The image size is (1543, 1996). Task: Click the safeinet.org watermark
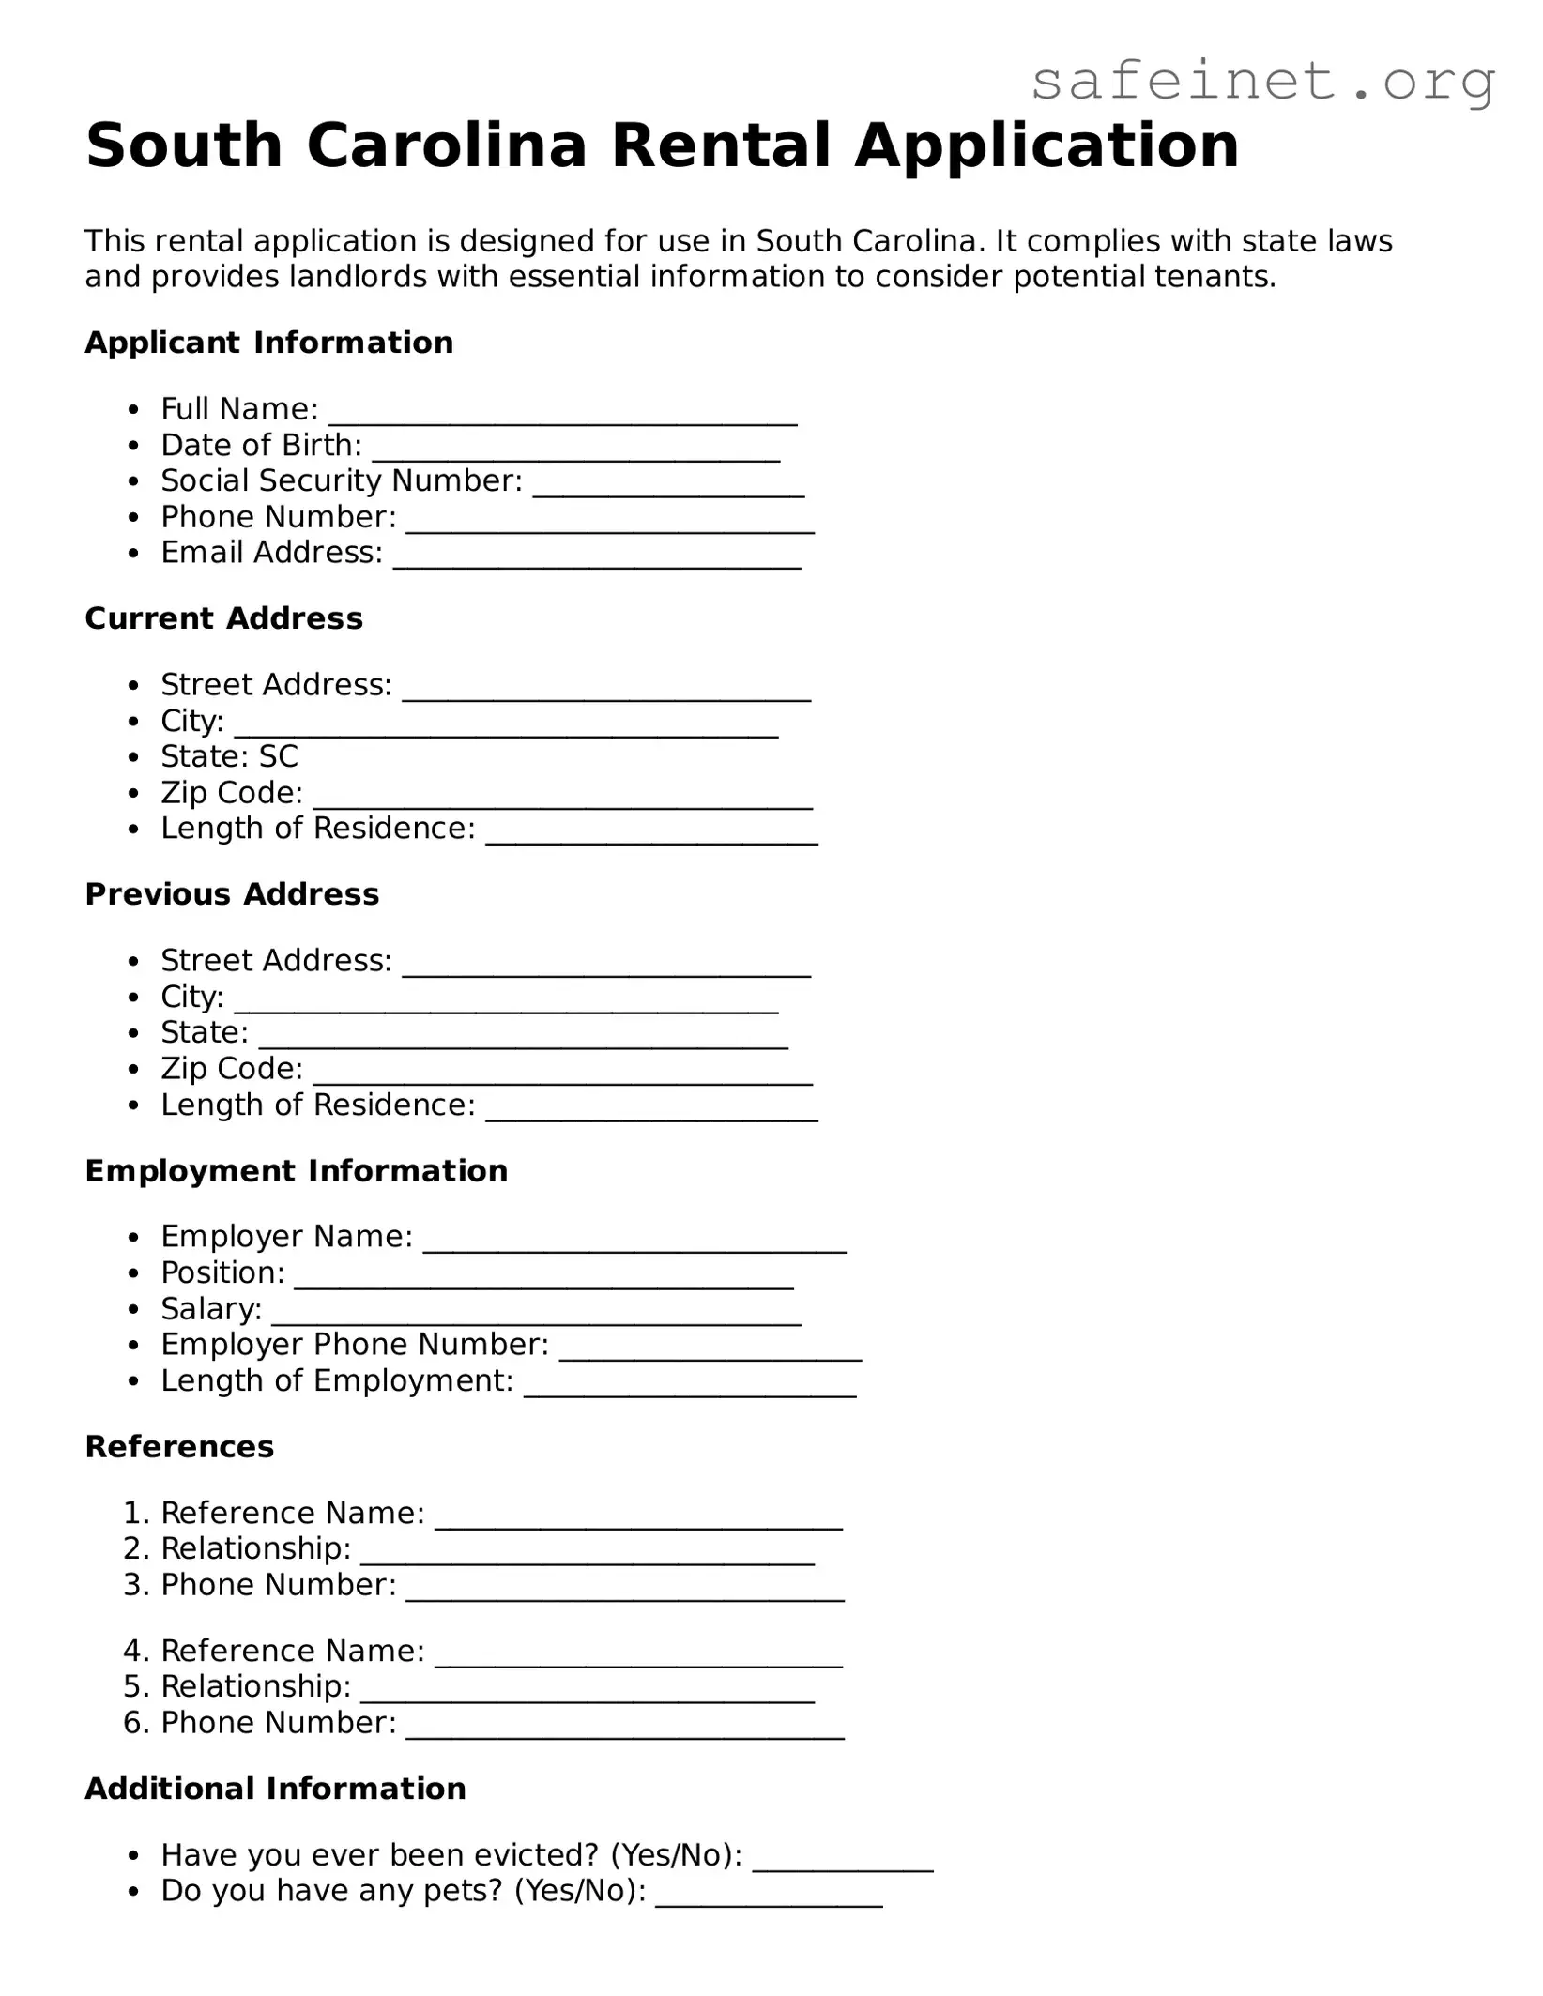1262,82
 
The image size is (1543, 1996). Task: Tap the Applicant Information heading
268,343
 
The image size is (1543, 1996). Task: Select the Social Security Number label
342,480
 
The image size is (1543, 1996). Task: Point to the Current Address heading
223,618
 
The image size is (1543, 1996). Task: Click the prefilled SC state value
279,756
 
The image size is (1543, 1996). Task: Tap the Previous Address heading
232,894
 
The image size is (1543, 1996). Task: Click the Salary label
211,1309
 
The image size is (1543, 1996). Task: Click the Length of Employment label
337,1381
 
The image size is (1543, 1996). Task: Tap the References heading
179,1447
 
